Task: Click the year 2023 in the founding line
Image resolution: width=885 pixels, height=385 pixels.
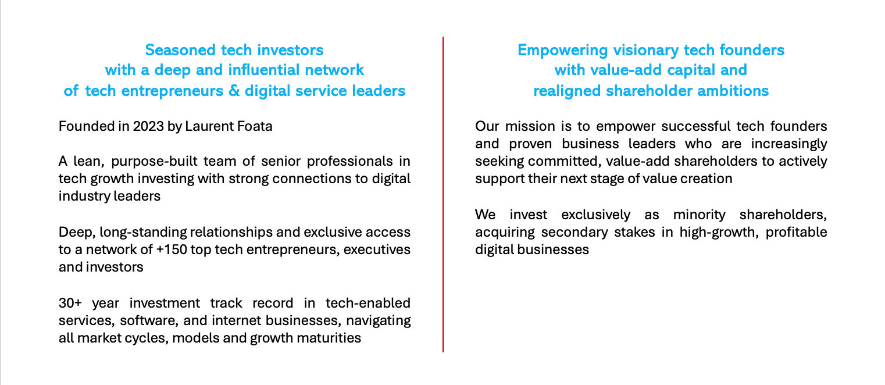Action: pyautogui.click(x=148, y=126)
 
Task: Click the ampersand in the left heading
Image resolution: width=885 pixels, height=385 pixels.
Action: pyautogui.click(x=234, y=91)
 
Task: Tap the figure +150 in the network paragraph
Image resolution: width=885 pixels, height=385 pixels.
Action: pyautogui.click(x=172, y=250)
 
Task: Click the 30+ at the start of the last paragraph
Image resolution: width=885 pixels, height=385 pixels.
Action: pyautogui.click(x=70, y=303)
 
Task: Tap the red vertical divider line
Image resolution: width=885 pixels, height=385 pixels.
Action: pyautogui.click(x=443, y=194)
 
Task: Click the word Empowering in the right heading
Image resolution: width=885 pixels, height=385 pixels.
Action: pyautogui.click(x=563, y=51)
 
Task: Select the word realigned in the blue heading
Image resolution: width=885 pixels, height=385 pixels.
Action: pyautogui.click(x=568, y=91)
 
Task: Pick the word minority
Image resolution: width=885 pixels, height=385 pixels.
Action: pyautogui.click(x=700, y=215)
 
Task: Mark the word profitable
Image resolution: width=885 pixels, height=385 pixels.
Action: pyautogui.click(x=796, y=233)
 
